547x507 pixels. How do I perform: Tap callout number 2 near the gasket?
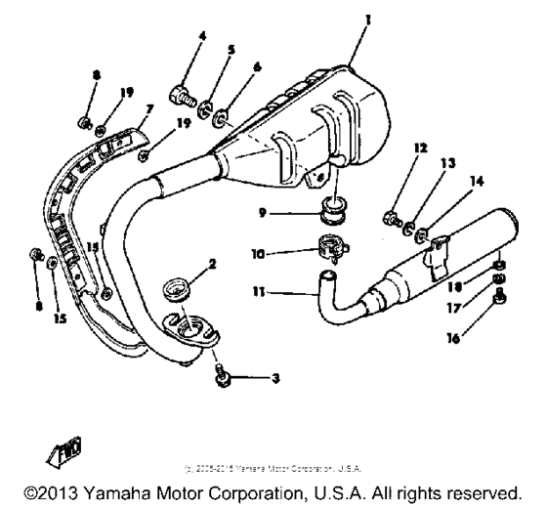point(212,264)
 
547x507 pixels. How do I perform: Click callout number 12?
point(420,149)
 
